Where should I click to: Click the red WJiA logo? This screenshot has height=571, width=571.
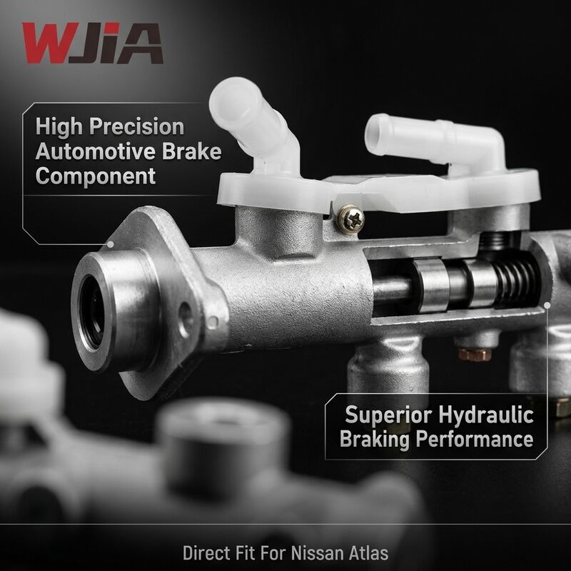click(92, 43)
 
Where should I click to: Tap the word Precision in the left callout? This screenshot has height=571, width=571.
click(136, 127)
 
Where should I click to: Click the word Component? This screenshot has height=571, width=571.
click(96, 176)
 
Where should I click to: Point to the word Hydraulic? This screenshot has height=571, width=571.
click(486, 415)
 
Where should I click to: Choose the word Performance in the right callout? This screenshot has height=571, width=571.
click(475, 438)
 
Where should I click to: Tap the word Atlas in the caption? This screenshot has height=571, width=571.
click(368, 552)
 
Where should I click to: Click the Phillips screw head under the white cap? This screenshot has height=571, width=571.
click(350, 219)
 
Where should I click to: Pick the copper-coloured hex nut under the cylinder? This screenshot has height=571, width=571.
click(475, 354)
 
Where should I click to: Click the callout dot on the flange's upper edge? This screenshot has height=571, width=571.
click(111, 244)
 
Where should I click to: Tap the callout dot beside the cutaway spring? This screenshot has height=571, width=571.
click(547, 305)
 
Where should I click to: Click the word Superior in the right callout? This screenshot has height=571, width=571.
click(388, 415)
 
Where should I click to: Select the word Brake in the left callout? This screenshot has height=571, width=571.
click(191, 151)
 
